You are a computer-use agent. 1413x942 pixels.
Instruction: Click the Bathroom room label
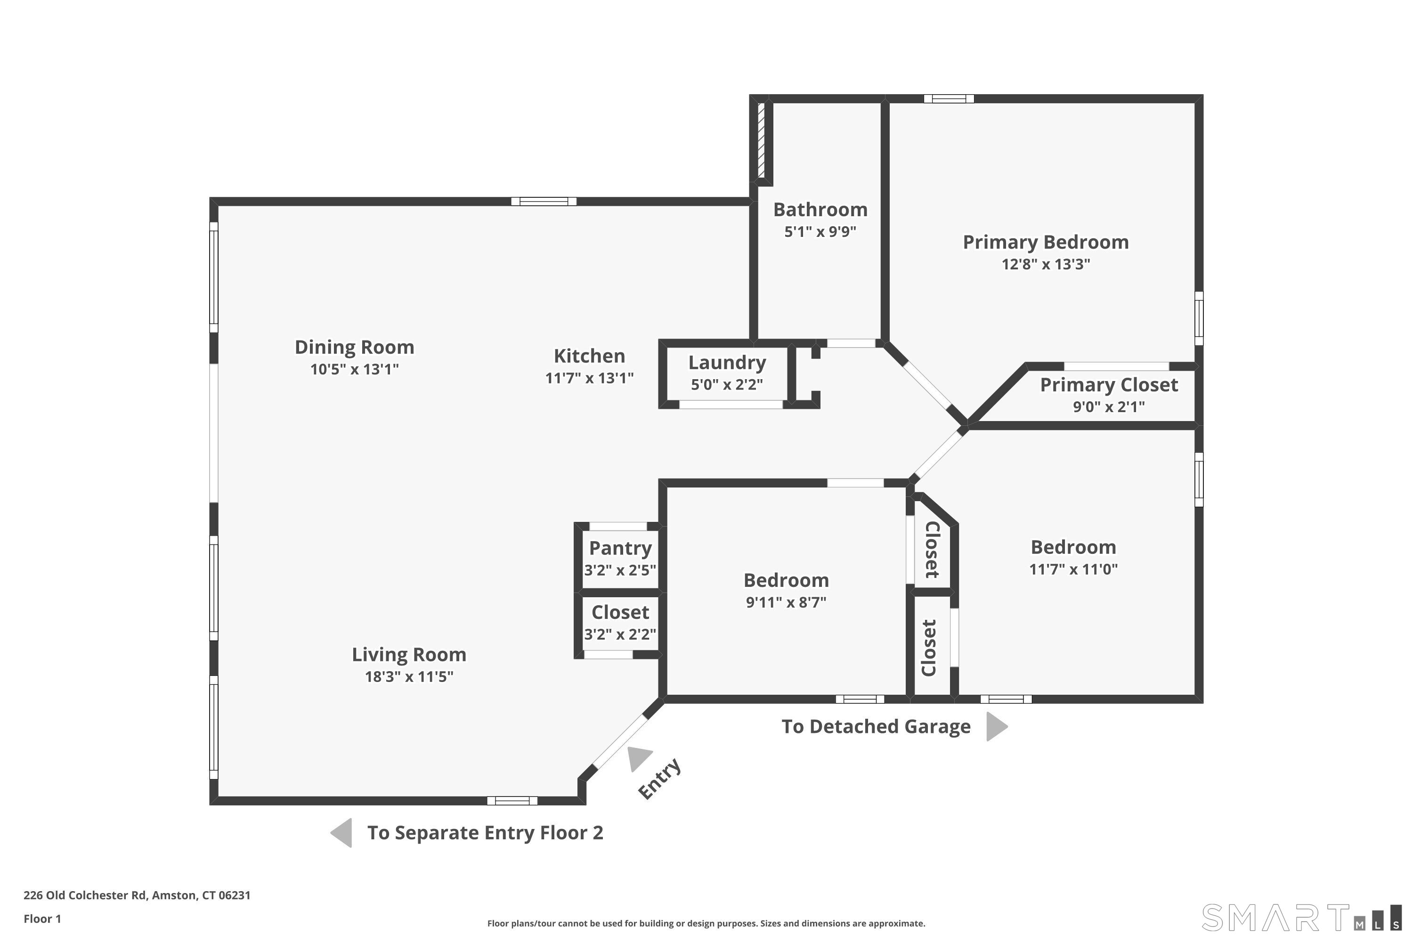tap(820, 210)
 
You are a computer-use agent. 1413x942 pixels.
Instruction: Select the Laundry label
tap(727, 363)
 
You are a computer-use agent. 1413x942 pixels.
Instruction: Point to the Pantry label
tap(620, 549)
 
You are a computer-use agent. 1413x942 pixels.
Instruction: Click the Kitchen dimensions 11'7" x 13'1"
tap(589, 378)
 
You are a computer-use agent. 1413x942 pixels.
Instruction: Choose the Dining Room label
tap(355, 347)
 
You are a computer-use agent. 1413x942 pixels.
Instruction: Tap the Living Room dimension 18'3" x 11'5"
tap(409, 676)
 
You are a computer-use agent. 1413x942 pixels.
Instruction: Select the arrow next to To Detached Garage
tap(997, 726)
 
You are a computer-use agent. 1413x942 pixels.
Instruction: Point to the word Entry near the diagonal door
tap(659, 779)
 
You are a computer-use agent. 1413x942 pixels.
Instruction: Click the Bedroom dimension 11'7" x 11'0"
tap(1073, 569)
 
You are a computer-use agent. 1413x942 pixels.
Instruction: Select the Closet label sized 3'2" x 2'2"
tap(620, 612)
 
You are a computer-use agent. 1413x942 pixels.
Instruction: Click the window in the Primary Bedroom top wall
tap(949, 98)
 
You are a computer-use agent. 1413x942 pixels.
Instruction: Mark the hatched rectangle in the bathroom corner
tap(761, 140)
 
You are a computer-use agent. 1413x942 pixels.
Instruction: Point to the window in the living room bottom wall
tap(512, 800)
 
